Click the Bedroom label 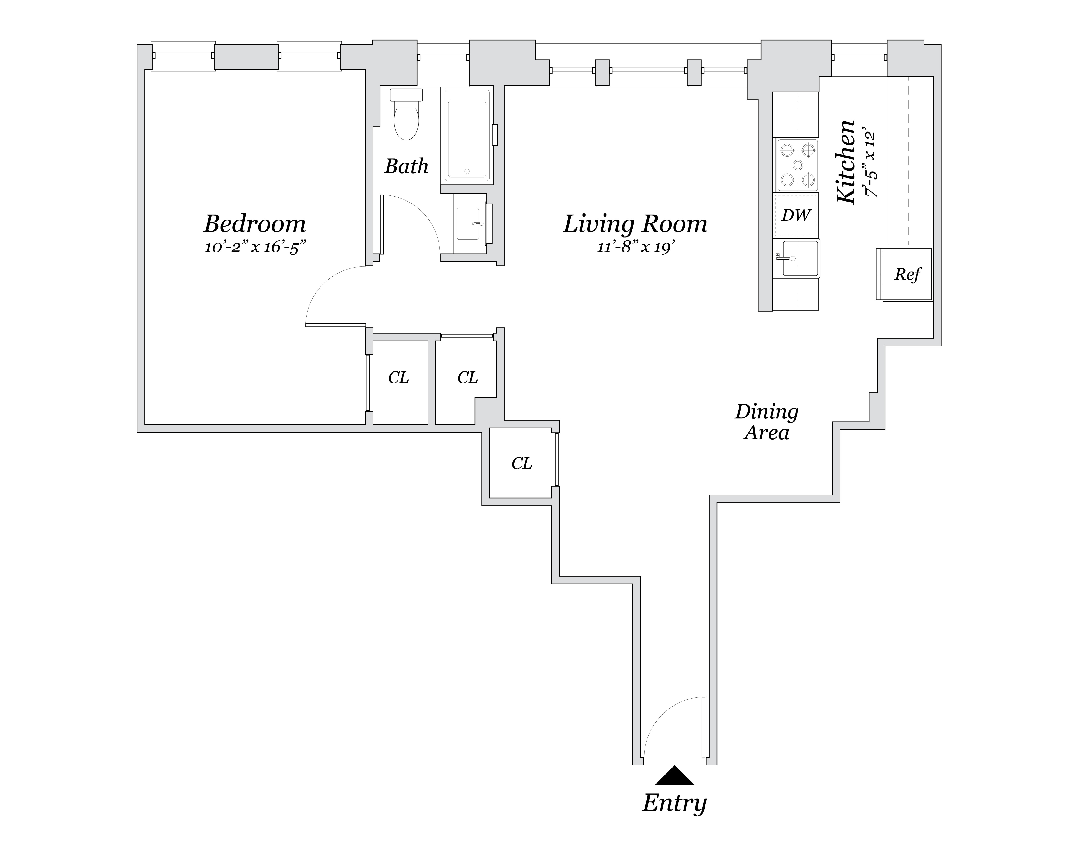(x=255, y=224)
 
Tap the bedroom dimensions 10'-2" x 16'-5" (x=255, y=247)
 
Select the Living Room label (x=635, y=224)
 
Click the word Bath (x=406, y=167)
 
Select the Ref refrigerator (x=907, y=274)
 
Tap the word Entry (x=674, y=803)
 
